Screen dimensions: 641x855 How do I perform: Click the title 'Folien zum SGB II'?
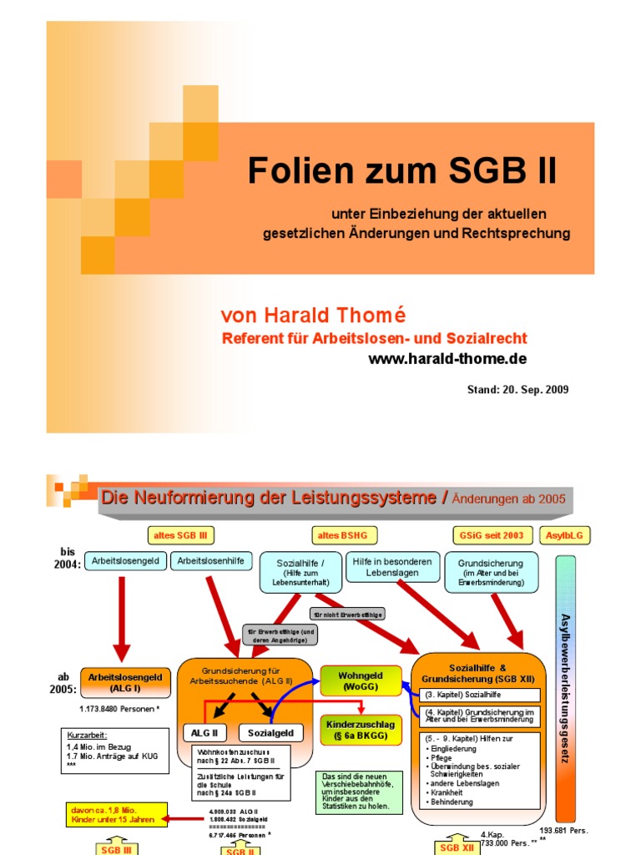(401, 171)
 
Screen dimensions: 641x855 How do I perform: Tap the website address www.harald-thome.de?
(447, 358)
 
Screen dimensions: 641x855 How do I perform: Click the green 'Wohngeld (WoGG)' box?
(360, 680)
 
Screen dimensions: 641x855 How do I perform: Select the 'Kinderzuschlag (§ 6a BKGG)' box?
(360, 728)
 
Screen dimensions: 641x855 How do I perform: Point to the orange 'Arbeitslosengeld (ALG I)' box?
(125, 683)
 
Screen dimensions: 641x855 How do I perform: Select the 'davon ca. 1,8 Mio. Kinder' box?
(118, 815)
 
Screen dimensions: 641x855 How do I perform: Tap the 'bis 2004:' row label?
(68, 558)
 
